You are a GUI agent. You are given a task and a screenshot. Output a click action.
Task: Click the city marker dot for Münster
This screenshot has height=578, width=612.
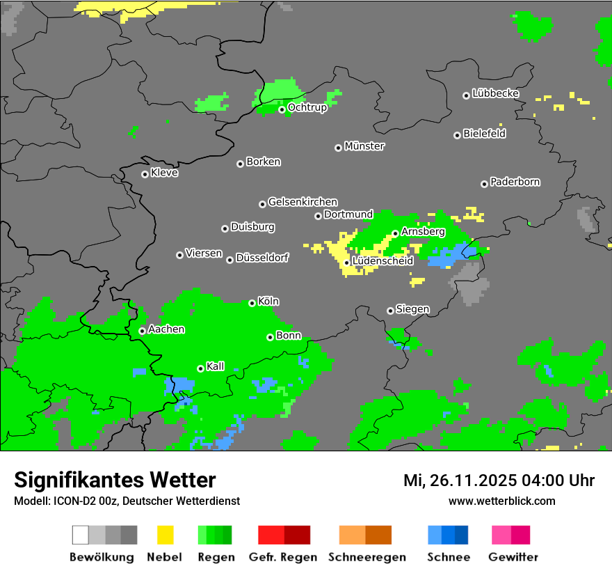click(338, 148)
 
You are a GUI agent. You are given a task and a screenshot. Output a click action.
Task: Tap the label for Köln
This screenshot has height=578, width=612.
click(268, 302)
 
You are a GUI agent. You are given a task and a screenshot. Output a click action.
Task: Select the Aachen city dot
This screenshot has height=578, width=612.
click(142, 331)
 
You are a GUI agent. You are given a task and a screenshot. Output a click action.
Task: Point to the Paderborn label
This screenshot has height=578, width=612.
click(515, 182)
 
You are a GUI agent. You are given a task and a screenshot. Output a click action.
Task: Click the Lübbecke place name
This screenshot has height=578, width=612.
click(496, 93)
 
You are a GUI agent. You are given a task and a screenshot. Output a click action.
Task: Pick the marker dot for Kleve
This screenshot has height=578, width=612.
click(145, 174)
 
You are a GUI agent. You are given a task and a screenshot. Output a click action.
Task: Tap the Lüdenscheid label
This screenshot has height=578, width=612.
click(383, 261)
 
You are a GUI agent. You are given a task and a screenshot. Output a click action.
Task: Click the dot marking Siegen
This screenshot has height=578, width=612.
click(390, 311)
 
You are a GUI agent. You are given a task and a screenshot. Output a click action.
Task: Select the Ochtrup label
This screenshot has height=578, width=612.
click(307, 108)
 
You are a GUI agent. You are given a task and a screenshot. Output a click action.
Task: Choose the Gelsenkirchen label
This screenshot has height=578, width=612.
click(303, 202)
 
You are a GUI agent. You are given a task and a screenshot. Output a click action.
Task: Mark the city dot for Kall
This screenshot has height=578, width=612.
click(200, 368)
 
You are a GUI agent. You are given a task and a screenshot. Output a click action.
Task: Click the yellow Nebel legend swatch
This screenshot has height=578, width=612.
click(166, 535)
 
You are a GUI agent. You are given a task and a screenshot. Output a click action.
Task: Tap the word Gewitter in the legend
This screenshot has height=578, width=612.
click(513, 557)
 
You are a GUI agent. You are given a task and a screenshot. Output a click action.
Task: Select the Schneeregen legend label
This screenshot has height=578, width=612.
click(367, 557)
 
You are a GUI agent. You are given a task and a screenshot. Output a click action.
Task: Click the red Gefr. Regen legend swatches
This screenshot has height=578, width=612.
click(284, 535)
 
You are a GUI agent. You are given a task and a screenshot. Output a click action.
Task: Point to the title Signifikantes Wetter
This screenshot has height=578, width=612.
click(115, 481)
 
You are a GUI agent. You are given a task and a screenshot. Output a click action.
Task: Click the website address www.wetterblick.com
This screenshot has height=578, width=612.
click(502, 501)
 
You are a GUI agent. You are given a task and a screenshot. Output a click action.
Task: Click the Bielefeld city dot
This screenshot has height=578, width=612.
click(457, 135)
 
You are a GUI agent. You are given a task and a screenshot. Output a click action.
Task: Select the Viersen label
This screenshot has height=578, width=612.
click(204, 253)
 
